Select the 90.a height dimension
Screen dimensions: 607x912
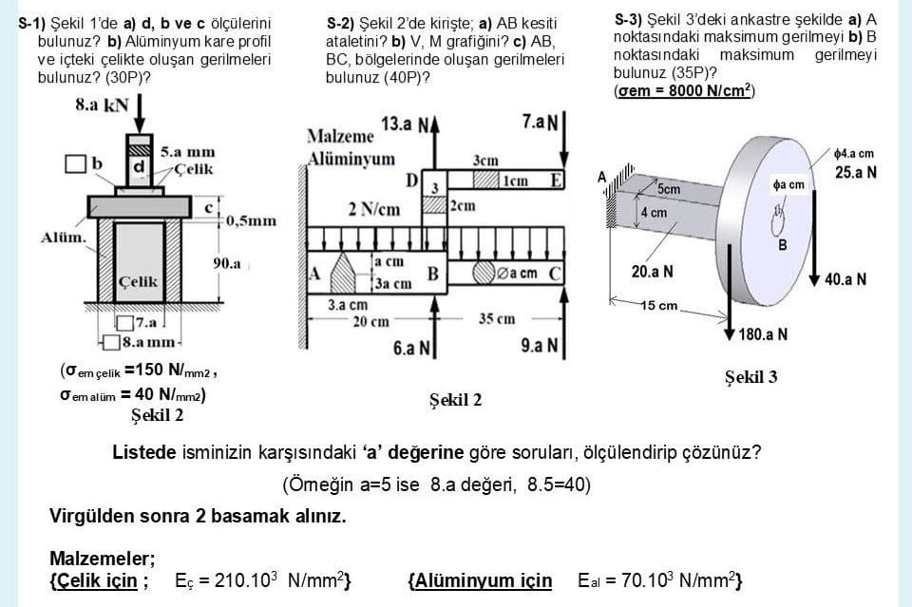pyautogui.click(x=226, y=263)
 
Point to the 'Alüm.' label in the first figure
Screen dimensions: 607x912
pyautogui.click(x=62, y=236)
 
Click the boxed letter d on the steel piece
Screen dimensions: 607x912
pyautogui.click(x=139, y=166)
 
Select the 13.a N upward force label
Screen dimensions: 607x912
pyautogui.click(x=405, y=124)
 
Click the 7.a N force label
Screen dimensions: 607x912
pyautogui.click(x=540, y=122)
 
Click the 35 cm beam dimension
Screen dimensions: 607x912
pyautogui.click(x=498, y=319)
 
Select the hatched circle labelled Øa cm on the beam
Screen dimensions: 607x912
pyautogui.click(x=486, y=274)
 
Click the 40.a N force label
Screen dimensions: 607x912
pyautogui.click(x=845, y=279)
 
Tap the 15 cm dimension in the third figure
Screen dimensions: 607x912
pyautogui.click(x=658, y=306)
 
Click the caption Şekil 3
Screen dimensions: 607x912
pyautogui.click(x=750, y=377)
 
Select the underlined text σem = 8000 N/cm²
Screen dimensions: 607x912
pyautogui.click(x=685, y=90)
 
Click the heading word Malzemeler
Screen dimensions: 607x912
pyautogui.click(x=102, y=558)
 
